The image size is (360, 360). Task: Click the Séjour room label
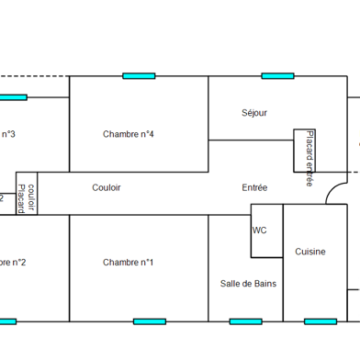254,113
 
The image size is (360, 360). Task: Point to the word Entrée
255,187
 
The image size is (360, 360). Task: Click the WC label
260,231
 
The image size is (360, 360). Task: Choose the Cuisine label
310,252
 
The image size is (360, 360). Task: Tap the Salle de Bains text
248,284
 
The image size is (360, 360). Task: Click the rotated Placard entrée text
309,158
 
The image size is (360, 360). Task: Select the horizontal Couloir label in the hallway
107,187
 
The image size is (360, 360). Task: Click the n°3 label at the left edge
8,134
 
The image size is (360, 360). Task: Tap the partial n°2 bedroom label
13,263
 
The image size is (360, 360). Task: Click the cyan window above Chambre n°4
139,75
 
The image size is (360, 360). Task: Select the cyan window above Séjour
277,75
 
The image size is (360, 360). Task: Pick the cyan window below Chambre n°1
150,321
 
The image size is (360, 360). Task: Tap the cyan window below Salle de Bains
246,321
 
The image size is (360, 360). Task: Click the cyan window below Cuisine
321,321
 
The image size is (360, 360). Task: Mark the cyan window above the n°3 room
13,96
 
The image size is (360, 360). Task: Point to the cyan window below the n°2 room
7,321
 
